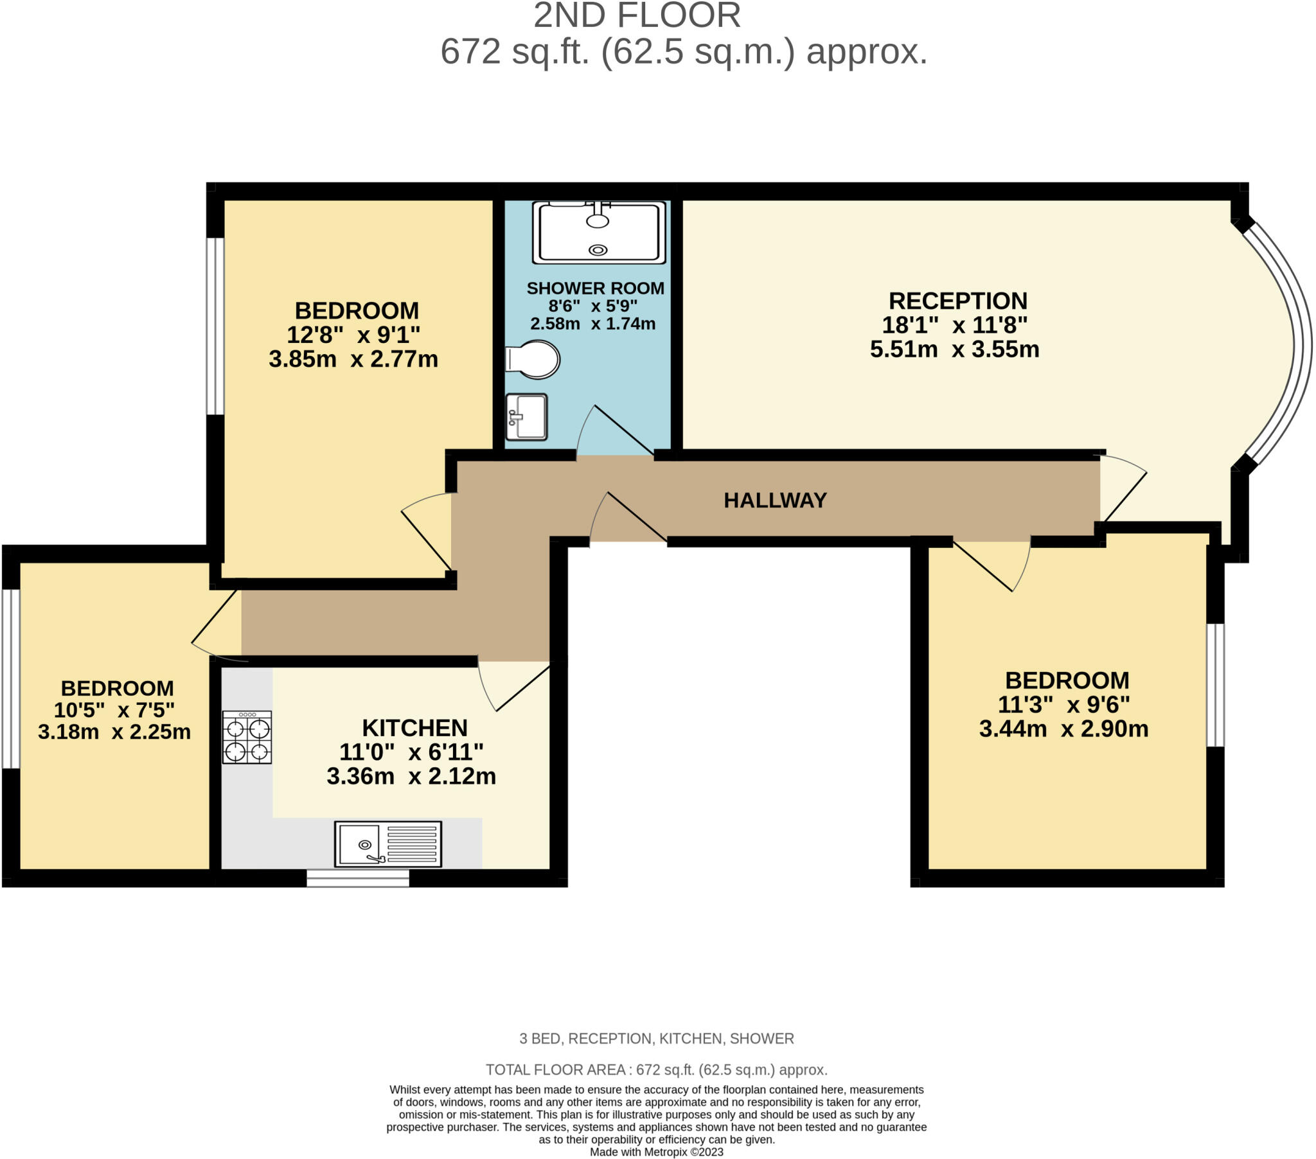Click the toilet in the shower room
[533, 359]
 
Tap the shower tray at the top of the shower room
[599, 233]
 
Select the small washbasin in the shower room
[526, 416]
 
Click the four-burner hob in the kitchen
[247, 738]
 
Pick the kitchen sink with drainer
[388, 844]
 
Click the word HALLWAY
[775, 500]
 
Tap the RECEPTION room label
[958, 301]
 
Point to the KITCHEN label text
[414, 728]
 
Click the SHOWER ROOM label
[596, 288]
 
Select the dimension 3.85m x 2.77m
[353, 358]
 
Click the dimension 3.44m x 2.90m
[1063, 729]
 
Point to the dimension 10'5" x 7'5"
[114, 709]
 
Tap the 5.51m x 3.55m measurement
[955, 349]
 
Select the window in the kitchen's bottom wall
[358, 878]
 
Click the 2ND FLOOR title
[637, 15]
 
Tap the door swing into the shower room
[612, 430]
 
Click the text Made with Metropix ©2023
[657, 1152]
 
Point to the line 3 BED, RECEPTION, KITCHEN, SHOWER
[657, 1039]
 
